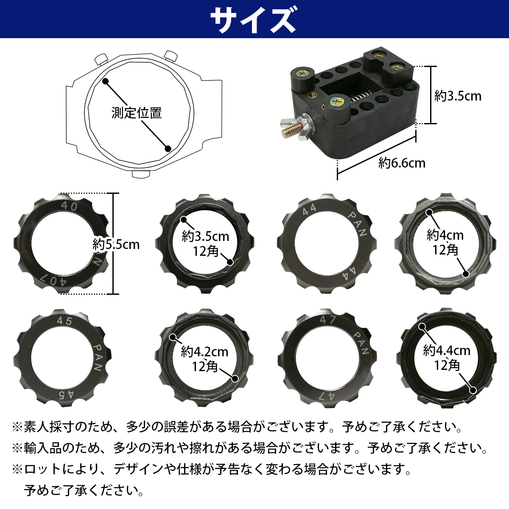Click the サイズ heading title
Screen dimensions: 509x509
(253, 20)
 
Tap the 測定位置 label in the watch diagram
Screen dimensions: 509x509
(137, 113)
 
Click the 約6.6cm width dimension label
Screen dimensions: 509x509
(401, 163)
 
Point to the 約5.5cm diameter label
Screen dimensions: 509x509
(116, 244)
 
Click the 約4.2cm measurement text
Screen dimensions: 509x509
(204, 352)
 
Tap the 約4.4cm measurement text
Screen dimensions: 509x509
(447, 350)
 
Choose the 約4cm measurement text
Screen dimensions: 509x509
(445, 235)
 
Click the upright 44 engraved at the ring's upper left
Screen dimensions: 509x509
(310, 209)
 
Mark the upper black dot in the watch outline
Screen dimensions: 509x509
(105, 81)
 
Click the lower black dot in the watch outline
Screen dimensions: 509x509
(168, 148)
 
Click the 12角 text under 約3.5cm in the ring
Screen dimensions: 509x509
(205, 251)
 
